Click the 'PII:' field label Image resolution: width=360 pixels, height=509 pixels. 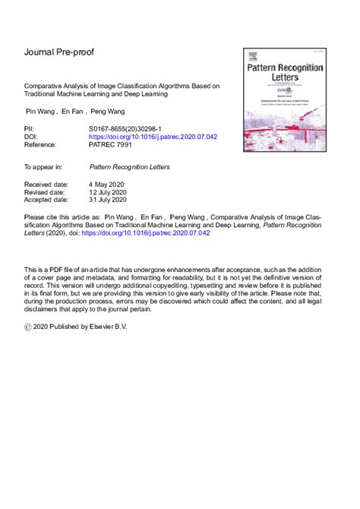(x=30, y=131)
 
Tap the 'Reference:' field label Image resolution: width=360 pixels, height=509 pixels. (x=42, y=145)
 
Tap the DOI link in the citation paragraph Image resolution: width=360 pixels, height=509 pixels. (x=156, y=233)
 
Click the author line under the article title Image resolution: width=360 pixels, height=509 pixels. (x=72, y=112)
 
